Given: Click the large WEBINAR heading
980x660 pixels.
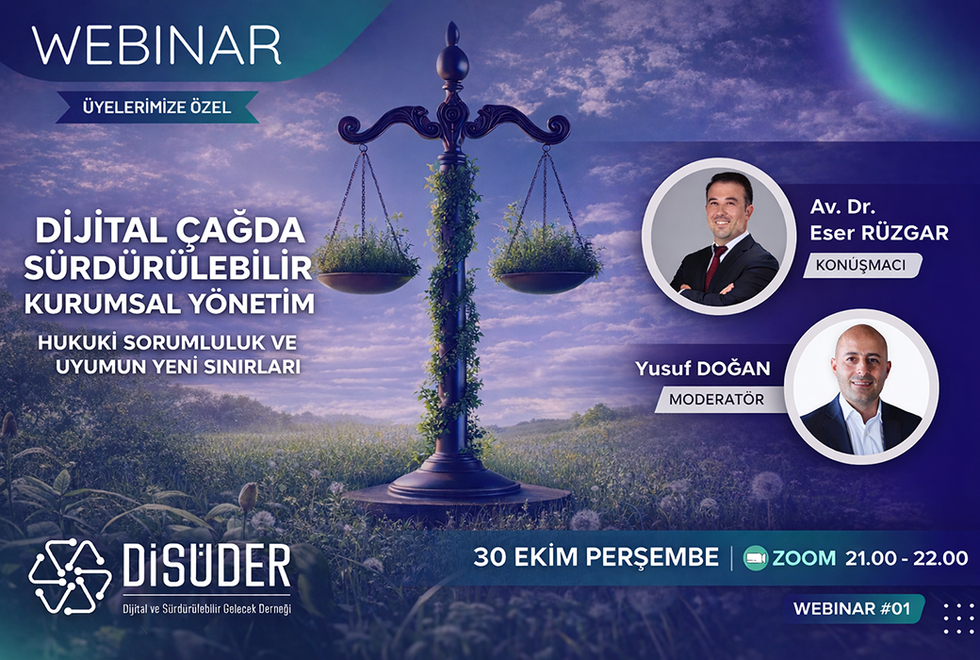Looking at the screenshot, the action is pos(156,45).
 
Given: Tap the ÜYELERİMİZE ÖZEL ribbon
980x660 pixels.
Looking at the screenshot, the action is pos(156,107).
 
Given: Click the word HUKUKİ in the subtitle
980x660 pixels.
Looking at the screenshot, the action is pos(76,343).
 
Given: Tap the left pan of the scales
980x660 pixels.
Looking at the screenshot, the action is pos(365,280).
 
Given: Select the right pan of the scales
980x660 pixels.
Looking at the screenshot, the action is pos(545,280).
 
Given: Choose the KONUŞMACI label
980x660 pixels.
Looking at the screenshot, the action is pos(860,265).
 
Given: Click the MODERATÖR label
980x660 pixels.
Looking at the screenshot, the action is pos(717,399).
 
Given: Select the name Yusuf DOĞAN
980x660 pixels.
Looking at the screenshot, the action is pos(703,369).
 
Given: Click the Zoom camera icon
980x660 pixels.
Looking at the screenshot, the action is pos(756,557).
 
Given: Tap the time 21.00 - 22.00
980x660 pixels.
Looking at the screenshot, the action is pos(906,557).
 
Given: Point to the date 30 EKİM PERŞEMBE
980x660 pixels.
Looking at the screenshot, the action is pos(596,557).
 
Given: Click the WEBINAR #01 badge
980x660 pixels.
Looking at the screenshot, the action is pos(852,608).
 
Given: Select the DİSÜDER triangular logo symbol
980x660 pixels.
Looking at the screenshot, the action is pos(70,576).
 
